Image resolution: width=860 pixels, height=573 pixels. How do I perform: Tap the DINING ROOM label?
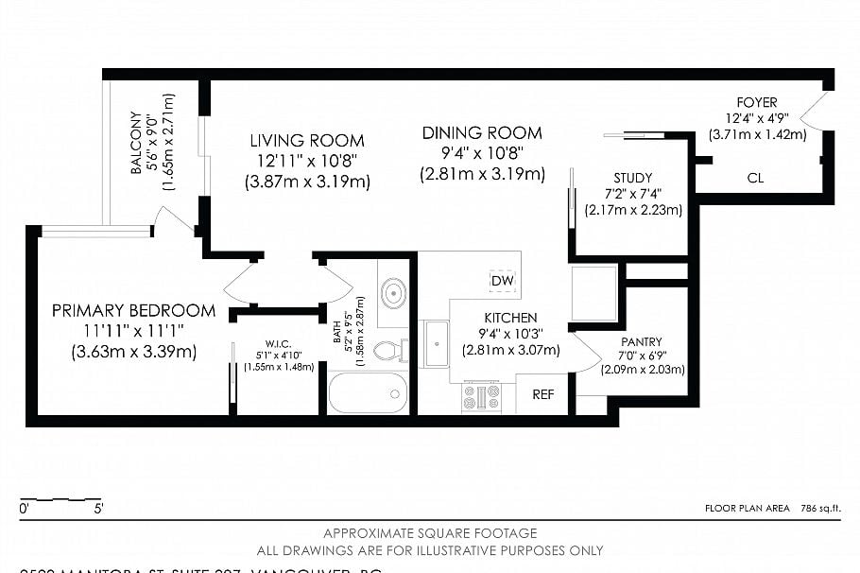coord(482,133)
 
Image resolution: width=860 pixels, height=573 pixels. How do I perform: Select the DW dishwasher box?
coord(502,281)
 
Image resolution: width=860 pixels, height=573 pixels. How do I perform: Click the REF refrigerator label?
coord(543,395)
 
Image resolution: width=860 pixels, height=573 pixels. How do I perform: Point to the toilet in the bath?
coord(387,352)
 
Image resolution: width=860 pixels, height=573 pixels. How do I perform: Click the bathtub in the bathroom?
coord(368,392)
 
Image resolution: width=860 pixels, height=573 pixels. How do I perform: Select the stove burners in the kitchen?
coord(480,396)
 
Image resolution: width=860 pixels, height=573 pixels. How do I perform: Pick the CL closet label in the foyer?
coord(755,178)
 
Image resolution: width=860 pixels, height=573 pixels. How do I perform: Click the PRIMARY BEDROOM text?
coord(133,310)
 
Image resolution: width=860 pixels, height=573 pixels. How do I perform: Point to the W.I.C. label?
coord(276,343)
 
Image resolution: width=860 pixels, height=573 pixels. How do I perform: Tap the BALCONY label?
coord(136,143)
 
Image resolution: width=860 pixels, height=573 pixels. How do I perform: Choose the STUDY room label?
coord(632,178)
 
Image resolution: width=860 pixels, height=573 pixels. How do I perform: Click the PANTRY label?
coord(642,341)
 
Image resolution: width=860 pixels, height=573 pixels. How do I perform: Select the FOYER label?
coord(757,102)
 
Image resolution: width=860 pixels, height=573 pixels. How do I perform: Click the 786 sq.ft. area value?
coord(819,509)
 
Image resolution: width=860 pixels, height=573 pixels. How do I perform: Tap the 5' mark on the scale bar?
coord(99,509)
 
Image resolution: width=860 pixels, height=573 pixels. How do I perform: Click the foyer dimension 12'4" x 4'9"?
coord(757,118)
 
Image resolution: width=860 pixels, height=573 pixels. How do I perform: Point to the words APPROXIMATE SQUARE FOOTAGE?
coord(430,533)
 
